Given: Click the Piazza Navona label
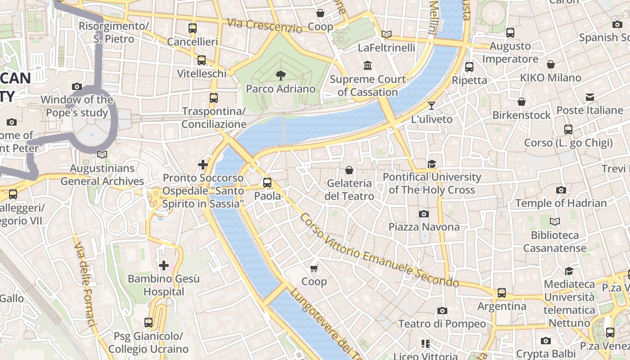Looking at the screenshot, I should click(424, 227).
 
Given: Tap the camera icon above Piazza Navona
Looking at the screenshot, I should click(424, 214).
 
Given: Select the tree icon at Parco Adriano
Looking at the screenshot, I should click(281, 75).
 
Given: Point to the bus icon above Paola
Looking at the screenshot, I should click(267, 183).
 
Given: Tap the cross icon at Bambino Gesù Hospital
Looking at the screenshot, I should click(164, 265).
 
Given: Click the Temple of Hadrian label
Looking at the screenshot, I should click(561, 203).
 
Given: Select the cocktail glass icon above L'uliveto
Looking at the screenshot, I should click(432, 106).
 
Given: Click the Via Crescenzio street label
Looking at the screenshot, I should click(264, 25).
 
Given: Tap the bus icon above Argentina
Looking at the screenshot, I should click(502, 293).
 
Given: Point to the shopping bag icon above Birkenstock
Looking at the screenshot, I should click(521, 102).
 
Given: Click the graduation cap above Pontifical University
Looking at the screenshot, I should click(432, 164).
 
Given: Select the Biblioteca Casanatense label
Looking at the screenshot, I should click(554, 242).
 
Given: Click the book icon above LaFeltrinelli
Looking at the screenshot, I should click(386, 34).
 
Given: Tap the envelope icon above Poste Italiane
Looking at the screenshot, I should click(589, 97).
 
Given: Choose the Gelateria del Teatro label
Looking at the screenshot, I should click(349, 190).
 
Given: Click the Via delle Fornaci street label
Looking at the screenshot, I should click(85, 288).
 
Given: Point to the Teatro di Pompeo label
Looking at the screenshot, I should click(442, 324).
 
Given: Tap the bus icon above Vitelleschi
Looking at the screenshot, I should click(202, 60).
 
